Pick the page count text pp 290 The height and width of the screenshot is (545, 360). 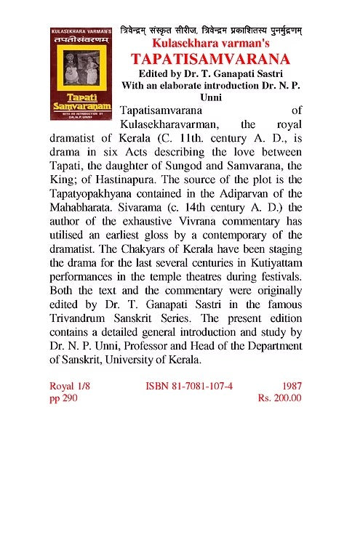point(61,398)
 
